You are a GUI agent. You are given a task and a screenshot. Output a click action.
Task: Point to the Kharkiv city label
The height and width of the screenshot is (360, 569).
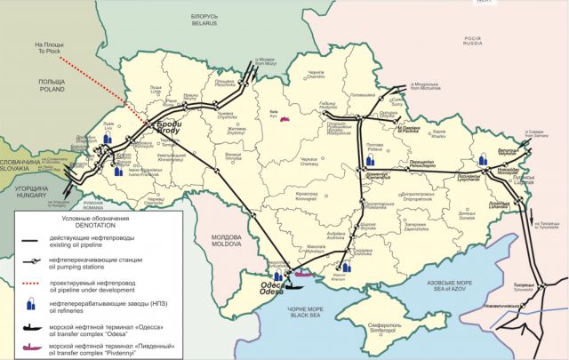pyautogui.click(x=437, y=132)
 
